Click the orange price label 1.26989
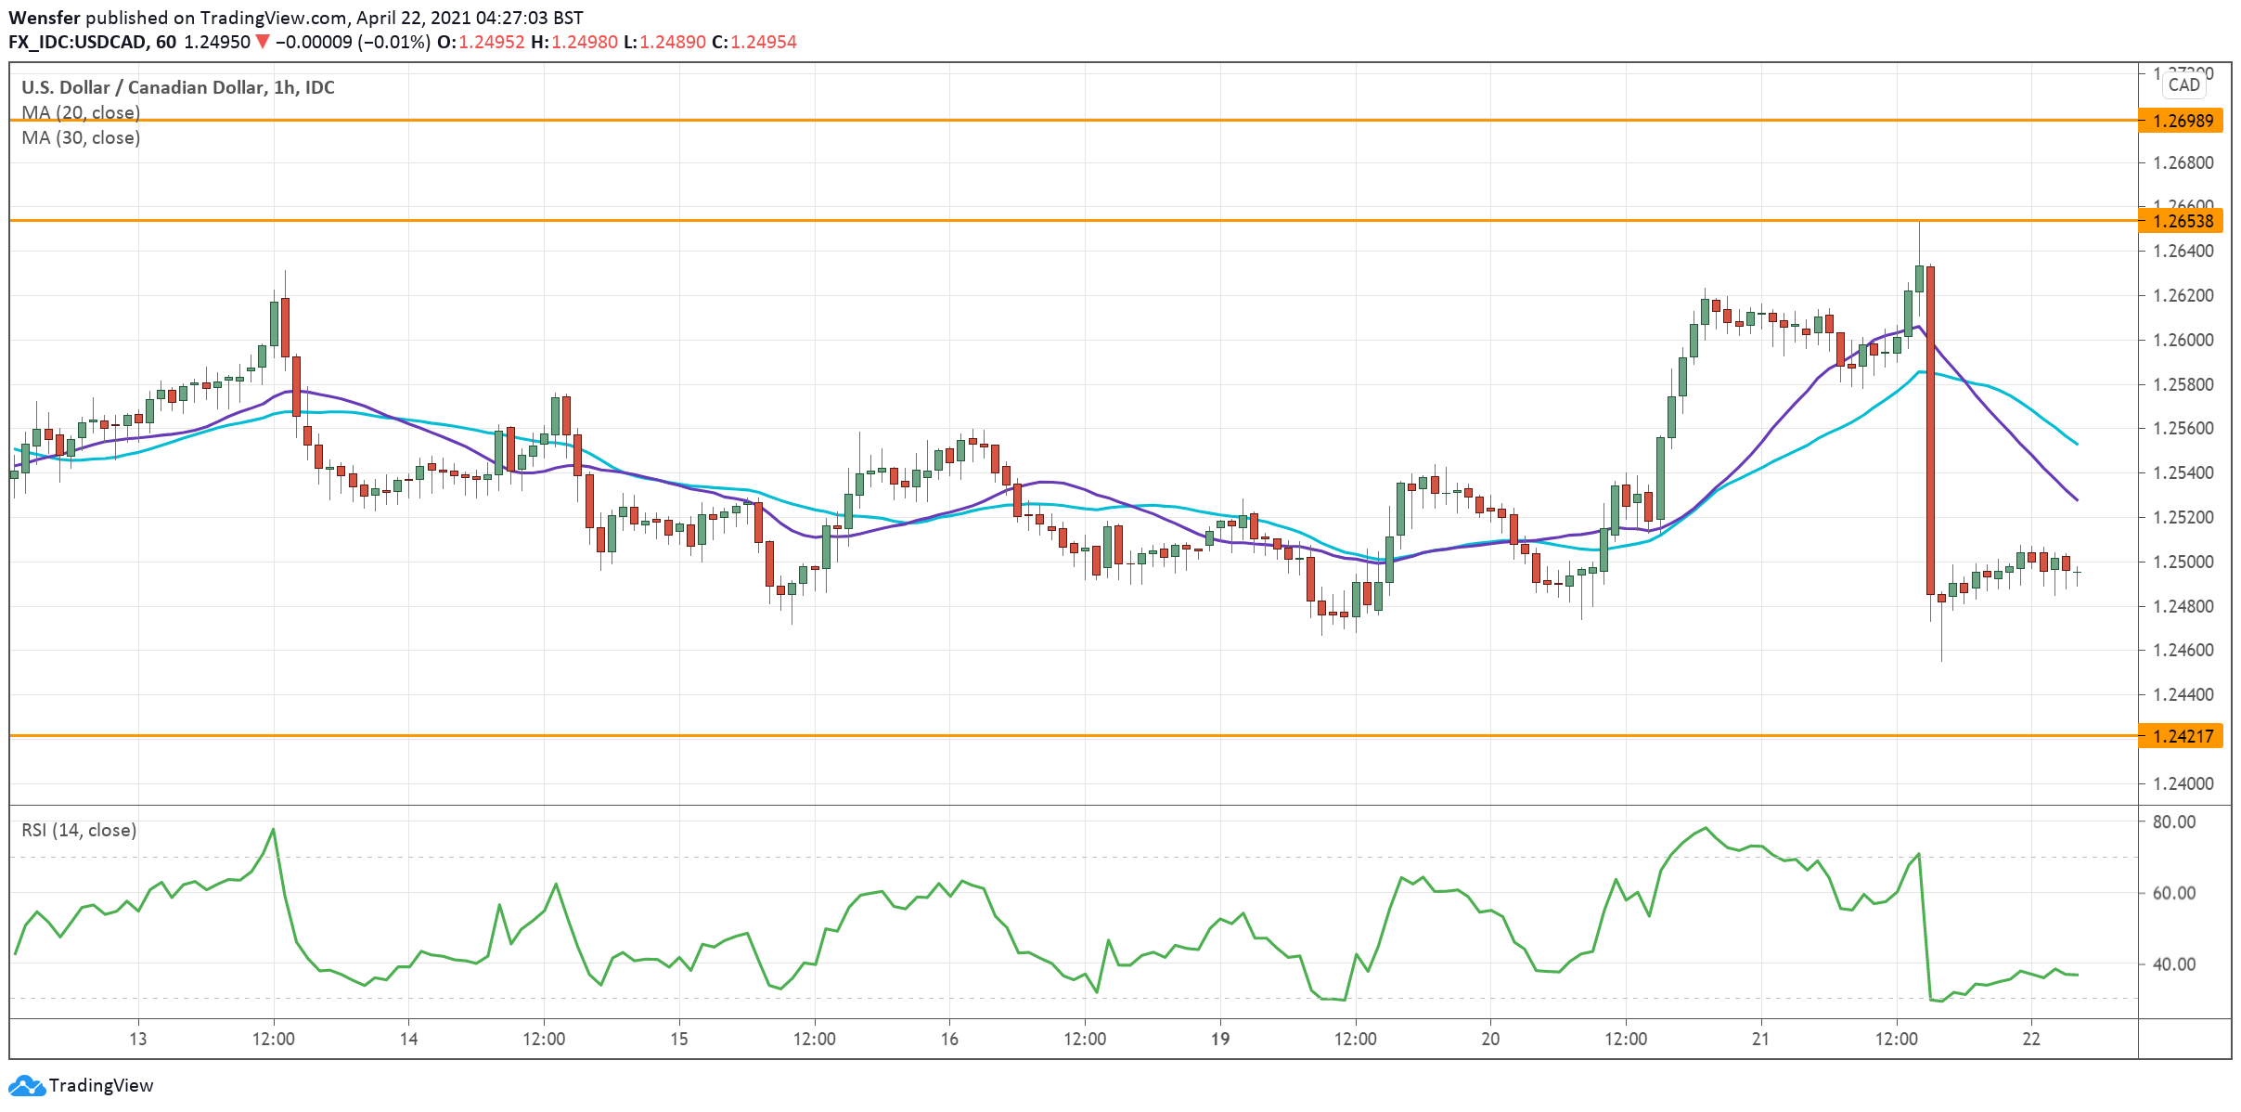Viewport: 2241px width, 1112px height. click(2182, 121)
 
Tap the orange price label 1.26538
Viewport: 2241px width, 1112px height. click(2182, 221)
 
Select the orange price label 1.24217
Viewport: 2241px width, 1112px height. click(2182, 736)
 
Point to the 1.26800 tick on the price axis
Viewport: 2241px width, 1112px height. click(2183, 163)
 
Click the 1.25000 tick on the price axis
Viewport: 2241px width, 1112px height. click(2183, 562)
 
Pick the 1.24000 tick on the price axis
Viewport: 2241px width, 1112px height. click(2183, 783)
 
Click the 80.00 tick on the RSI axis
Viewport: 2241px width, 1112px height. click(2173, 821)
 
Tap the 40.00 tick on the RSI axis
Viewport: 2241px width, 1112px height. click(2173, 964)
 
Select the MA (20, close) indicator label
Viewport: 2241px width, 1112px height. click(81, 112)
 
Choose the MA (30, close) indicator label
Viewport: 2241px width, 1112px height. click(81, 137)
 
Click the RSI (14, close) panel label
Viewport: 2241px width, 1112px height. click(79, 830)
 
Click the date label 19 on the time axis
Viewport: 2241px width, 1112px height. click(1219, 1039)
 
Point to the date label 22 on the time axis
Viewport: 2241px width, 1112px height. click(2031, 1039)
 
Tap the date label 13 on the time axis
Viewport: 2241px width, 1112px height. click(137, 1039)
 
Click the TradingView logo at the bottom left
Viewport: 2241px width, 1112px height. click(81, 1085)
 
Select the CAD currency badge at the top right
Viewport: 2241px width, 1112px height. click(2183, 85)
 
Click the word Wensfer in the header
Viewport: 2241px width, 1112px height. click(44, 18)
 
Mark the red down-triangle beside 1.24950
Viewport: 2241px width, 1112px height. click(263, 42)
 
